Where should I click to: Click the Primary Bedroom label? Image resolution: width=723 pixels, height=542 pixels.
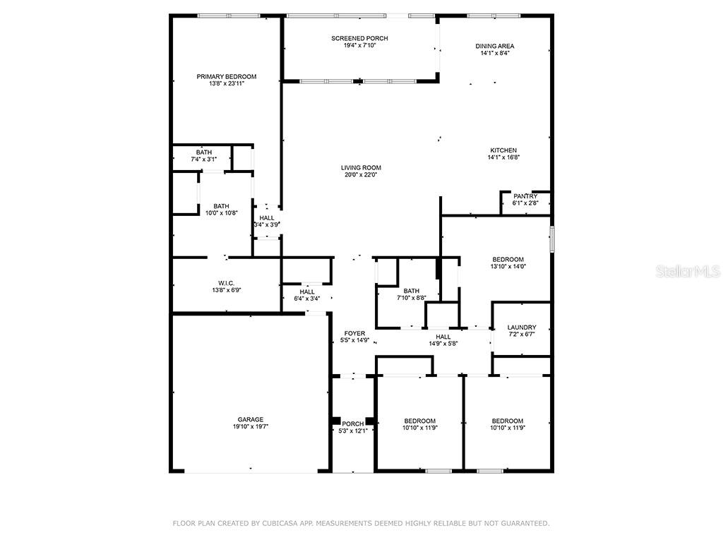[227, 76]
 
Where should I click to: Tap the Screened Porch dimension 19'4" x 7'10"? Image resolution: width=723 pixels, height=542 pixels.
[359, 45]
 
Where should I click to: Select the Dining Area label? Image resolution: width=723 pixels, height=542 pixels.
[495, 46]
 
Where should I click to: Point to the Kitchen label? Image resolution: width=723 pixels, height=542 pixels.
[503, 150]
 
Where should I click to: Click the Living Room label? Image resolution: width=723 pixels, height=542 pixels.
[361, 168]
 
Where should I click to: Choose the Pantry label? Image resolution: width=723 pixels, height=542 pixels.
[525, 196]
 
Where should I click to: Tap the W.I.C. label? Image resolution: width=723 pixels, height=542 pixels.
[227, 284]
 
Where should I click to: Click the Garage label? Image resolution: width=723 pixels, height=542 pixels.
[251, 419]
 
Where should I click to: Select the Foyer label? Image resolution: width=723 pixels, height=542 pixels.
[354, 333]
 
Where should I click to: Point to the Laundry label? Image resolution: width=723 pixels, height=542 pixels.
[522, 327]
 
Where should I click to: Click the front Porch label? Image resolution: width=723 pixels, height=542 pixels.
[353, 424]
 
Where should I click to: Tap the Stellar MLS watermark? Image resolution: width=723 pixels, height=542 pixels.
[688, 271]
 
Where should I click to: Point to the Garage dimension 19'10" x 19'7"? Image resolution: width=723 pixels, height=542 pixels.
[251, 427]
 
